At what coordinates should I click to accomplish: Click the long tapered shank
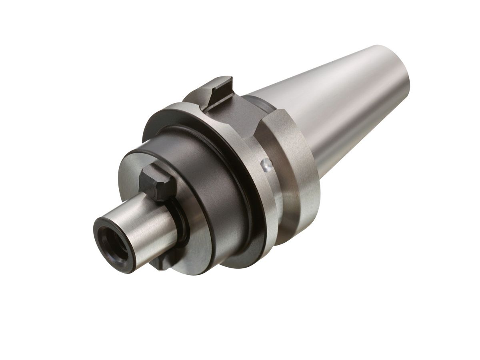pos(340,108)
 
